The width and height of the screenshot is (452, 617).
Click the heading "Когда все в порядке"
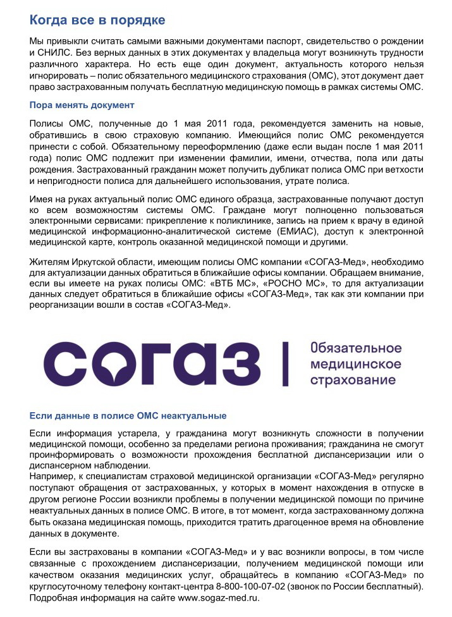pos(97,20)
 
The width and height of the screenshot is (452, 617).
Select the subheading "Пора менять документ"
pos(82,105)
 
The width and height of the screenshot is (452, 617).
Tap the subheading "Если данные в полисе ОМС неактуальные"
pos(128,416)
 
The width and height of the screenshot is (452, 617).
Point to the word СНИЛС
pos(57,52)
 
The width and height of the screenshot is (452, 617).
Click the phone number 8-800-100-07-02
pos(250,587)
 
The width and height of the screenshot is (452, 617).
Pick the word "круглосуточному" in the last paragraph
pos(70,587)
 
